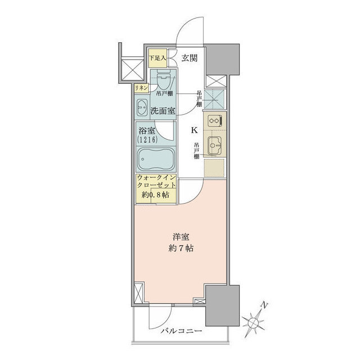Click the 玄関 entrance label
(190, 57)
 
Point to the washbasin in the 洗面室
(141, 106)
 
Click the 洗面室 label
(162, 111)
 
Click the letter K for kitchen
(194, 130)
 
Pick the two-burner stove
(214, 121)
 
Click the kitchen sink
(214, 145)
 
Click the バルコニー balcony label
(180, 330)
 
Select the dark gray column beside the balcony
(222, 306)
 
